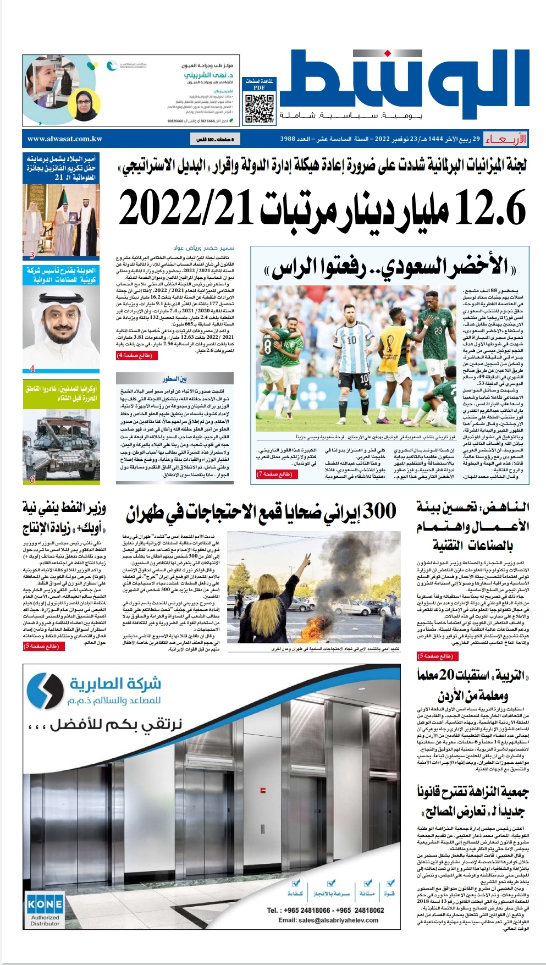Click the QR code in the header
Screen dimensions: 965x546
click(x=260, y=108)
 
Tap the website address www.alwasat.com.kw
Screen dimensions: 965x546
click(x=65, y=139)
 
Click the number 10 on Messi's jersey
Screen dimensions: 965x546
click(x=351, y=340)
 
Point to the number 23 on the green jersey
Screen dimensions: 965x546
click(x=438, y=331)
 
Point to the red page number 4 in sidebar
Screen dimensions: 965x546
click(x=32, y=368)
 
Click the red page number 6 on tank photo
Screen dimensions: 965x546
click(x=32, y=479)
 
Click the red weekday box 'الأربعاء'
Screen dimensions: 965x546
click(x=505, y=140)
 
